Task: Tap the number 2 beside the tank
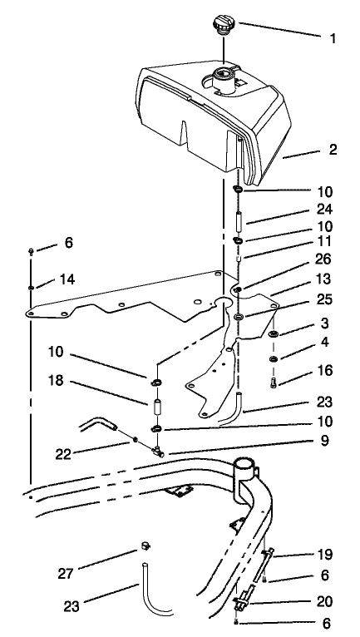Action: pyautogui.click(x=309, y=151)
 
